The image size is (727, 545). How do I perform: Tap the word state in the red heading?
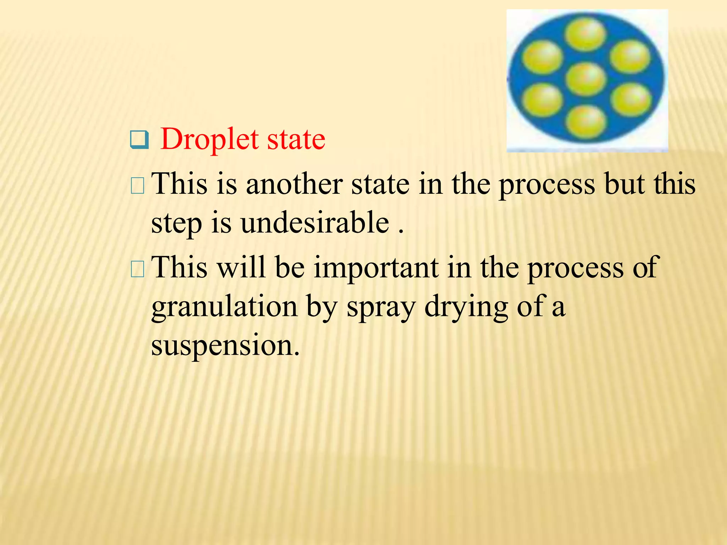(296, 139)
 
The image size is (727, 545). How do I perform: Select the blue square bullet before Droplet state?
(139, 140)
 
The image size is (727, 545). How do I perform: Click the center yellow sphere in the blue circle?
(585, 79)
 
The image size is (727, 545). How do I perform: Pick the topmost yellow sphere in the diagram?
(585, 34)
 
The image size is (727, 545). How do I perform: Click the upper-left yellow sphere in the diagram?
(543, 57)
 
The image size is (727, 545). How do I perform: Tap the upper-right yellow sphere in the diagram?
(630, 57)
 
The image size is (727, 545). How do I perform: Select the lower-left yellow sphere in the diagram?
(543, 100)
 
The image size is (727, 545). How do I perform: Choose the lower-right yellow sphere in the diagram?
(630, 100)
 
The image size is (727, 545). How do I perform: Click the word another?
(294, 184)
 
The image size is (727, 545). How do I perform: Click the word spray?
(381, 307)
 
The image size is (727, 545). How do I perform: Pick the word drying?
(466, 307)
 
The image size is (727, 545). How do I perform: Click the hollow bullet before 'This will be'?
(137, 269)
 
